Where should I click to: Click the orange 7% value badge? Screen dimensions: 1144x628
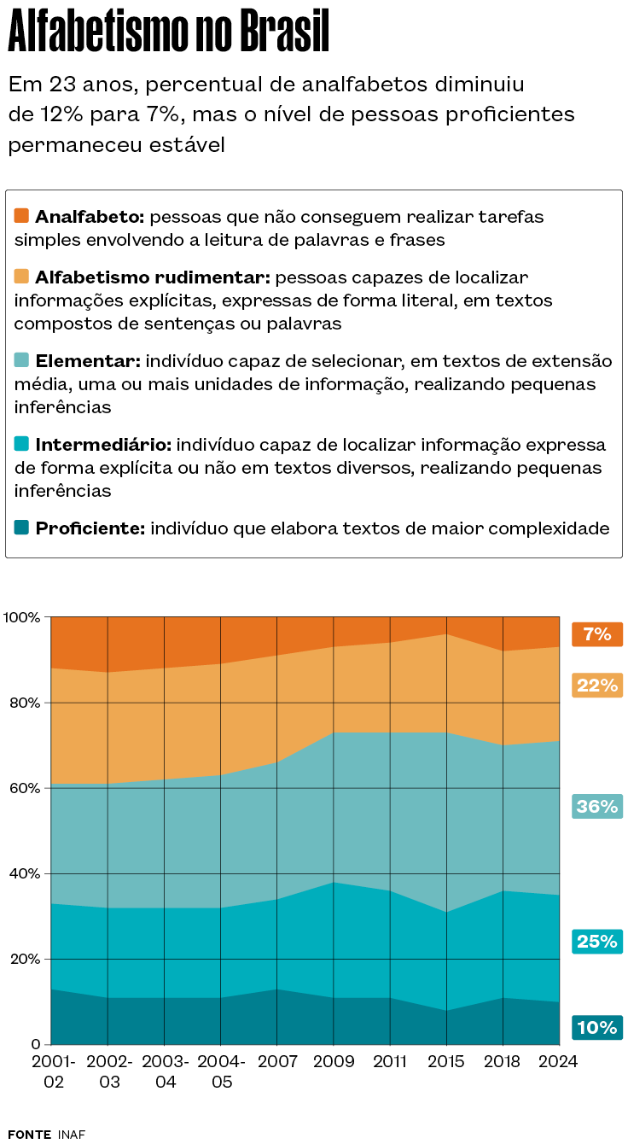point(597,634)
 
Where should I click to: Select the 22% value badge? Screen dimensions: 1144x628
point(597,685)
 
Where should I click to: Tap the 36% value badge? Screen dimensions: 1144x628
point(597,806)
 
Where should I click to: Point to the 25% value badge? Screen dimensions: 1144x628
point(597,942)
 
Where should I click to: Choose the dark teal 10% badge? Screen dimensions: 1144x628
point(597,1027)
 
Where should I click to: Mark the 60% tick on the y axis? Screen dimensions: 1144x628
point(25,788)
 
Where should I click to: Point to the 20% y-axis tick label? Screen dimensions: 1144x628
point(25,959)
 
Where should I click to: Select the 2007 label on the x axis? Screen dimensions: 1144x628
point(277,1062)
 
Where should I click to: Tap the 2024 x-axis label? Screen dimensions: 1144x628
point(560,1062)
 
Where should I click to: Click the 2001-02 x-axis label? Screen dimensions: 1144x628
point(53,1071)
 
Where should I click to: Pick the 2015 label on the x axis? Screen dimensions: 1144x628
point(446,1062)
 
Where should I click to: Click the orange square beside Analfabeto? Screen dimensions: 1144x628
point(22,216)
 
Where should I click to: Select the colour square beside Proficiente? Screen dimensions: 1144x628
point(22,528)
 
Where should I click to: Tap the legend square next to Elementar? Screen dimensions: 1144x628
point(22,360)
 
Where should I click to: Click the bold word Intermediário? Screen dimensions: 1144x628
point(104,445)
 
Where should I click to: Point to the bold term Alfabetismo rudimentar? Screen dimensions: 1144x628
point(153,277)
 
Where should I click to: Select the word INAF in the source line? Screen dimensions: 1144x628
point(72,1134)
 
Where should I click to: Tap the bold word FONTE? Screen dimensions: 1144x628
point(29,1134)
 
